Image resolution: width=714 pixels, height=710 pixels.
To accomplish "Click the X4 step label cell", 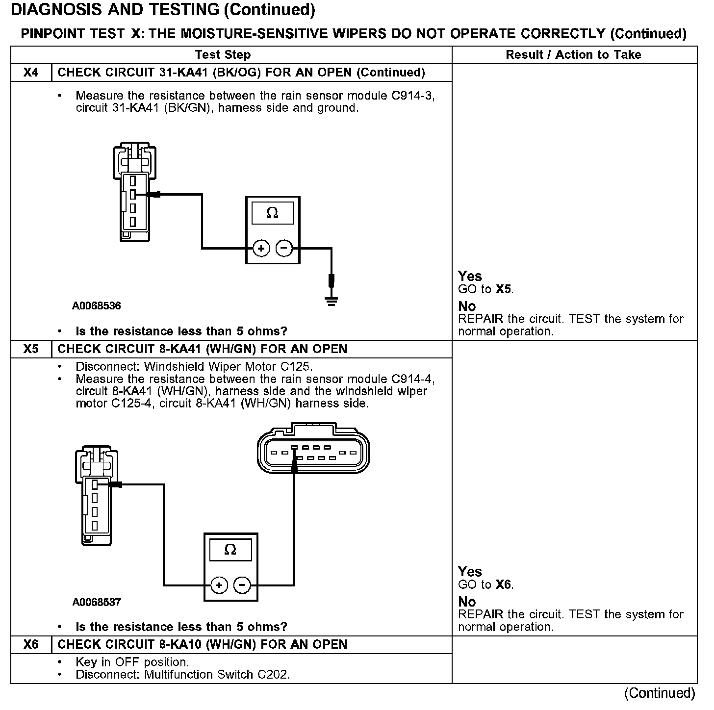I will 31,73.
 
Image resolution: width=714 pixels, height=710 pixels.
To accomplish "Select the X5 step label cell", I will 31,349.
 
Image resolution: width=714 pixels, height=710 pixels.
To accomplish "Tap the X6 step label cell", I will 31,644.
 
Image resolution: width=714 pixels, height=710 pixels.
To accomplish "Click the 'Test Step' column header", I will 223,55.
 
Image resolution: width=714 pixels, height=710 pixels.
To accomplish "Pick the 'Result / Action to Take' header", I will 573,55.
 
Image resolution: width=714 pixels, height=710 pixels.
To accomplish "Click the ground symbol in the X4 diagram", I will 332,300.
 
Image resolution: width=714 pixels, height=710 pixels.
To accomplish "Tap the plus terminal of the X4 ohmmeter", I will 261,249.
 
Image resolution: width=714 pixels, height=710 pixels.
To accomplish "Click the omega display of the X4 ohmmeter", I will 272,213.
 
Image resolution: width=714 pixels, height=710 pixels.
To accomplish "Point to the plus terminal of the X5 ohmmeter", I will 219,585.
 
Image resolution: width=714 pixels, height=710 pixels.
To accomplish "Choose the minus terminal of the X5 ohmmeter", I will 242,585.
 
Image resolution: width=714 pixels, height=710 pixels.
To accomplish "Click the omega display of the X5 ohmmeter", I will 230,550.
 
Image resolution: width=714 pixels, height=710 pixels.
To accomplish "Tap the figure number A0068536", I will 97,306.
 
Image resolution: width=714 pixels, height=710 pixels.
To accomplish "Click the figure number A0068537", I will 97,602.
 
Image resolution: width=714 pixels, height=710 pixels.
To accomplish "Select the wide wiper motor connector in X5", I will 313,450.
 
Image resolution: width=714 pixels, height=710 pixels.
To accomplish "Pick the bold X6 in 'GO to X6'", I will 504,585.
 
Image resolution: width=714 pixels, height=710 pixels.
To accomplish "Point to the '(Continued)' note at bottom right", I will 660,693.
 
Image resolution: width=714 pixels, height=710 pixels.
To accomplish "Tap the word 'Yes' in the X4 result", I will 470,276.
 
